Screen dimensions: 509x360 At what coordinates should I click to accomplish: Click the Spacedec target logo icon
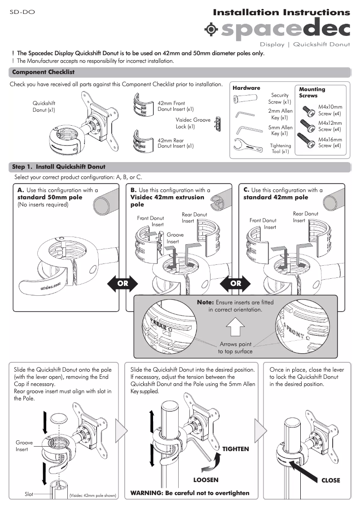pyautogui.click(x=211, y=29)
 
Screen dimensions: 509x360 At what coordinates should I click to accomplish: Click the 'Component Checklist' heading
pyautogui.click(x=43, y=72)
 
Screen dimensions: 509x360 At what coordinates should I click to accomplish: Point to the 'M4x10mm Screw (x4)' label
pyautogui.click(x=330, y=110)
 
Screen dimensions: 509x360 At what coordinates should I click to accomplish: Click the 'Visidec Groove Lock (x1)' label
pyautogui.click(x=193, y=123)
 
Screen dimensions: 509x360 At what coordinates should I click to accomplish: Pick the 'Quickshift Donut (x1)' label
pyautogui.click(x=44, y=106)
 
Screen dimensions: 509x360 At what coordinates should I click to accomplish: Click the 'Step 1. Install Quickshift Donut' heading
pyautogui.click(x=59, y=167)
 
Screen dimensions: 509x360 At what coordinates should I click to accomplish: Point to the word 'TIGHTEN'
pyautogui.click(x=235, y=449)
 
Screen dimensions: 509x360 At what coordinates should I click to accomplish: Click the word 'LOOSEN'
pyautogui.click(x=206, y=480)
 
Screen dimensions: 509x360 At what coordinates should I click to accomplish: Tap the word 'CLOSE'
pyautogui.click(x=331, y=480)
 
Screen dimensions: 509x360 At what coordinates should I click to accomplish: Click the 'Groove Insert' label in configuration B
pyautogui.click(x=173, y=238)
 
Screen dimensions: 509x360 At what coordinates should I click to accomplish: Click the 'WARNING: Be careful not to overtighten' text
pyautogui.click(x=189, y=493)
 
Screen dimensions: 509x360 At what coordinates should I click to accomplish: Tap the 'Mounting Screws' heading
pyautogui.click(x=312, y=92)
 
